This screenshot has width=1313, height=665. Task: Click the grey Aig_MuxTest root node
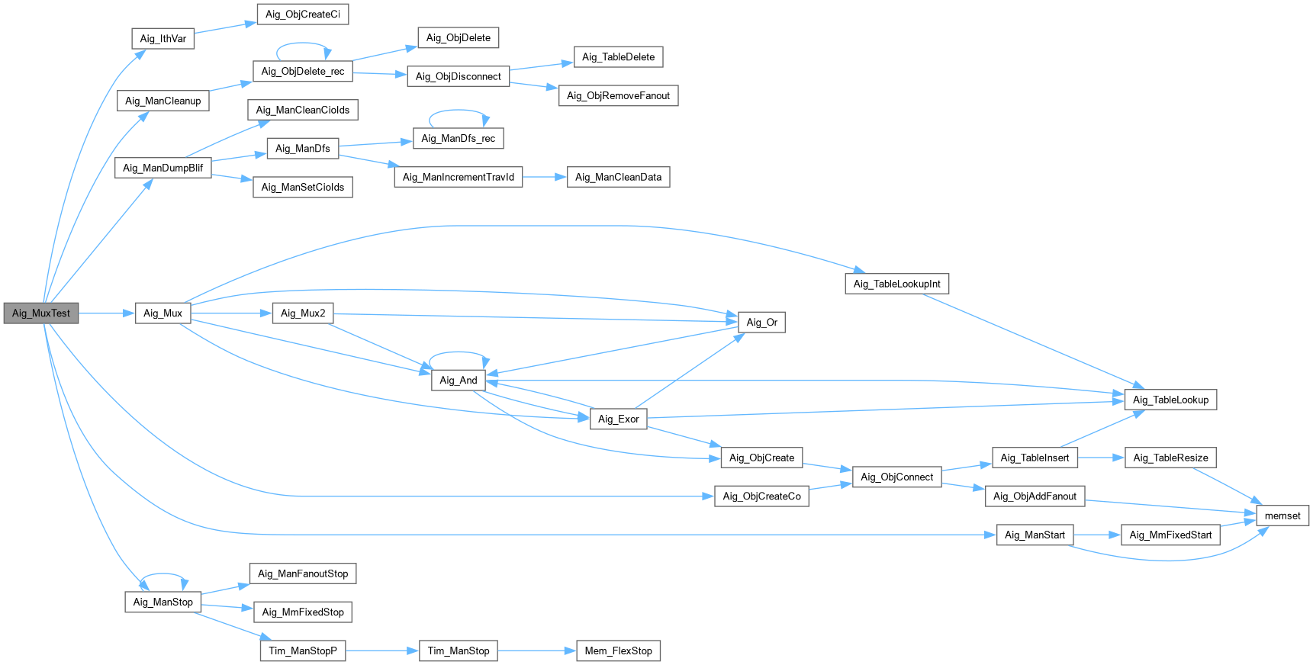(41, 313)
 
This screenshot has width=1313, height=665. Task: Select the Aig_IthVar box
(163, 39)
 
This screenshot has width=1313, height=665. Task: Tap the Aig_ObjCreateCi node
(303, 14)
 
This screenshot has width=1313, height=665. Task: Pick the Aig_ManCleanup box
(163, 101)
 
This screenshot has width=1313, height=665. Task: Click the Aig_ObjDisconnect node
(459, 76)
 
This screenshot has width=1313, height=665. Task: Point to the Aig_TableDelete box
(618, 57)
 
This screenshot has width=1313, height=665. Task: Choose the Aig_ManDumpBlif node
(163, 168)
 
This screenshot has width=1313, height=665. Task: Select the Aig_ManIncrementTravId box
(459, 177)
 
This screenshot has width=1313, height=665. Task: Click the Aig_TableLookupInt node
(896, 284)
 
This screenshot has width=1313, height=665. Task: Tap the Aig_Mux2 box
(303, 313)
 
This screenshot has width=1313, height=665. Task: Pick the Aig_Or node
(761, 323)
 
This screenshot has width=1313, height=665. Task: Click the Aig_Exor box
(618, 419)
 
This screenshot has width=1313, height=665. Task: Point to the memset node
(1282, 516)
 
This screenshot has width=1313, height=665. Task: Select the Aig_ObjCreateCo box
(761, 496)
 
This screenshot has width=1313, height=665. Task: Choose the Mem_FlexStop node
(618, 651)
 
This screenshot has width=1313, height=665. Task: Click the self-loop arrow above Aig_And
(459, 352)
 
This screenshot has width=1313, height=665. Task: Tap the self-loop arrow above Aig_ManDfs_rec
(459, 111)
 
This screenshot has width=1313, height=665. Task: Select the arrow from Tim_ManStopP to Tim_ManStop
(382, 651)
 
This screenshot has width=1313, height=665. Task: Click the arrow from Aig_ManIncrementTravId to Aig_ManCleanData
(545, 177)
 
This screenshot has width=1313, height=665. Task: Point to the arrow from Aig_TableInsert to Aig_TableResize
(1101, 458)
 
